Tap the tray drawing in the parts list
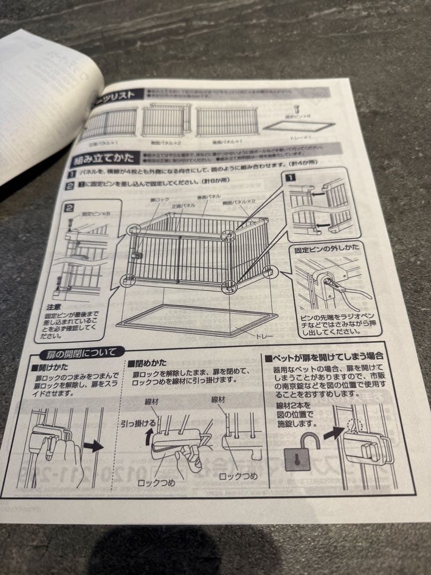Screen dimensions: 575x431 (300, 127)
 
